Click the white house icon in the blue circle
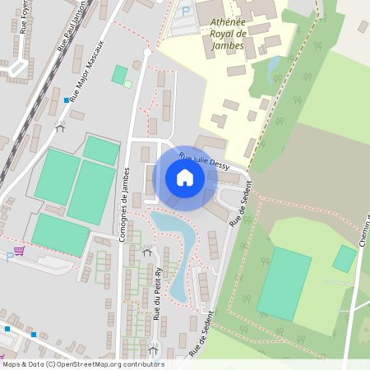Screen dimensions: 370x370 click(185, 178)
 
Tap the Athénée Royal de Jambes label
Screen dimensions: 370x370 click(217, 34)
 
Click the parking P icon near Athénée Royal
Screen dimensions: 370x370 click(185, 12)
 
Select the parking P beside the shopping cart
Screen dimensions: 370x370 click(10, 257)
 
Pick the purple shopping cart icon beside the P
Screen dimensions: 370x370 click(19, 250)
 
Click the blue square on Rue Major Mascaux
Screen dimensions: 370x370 click(67, 100)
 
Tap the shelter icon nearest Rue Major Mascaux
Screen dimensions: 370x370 click(59, 127)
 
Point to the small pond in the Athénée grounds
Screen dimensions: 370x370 click(274, 66)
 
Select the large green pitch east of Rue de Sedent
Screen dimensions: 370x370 click(284, 283)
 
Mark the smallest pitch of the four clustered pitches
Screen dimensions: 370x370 click(101, 150)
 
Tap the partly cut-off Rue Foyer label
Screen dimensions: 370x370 click(21, 14)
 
